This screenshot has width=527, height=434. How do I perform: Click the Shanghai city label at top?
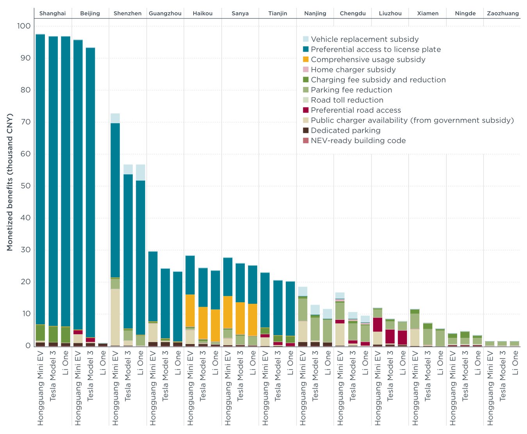[x=52, y=13]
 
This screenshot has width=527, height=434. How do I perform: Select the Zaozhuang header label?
[x=503, y=13]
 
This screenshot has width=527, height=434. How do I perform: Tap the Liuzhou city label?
[x=390, y=13]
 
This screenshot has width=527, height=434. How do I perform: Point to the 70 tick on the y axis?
[x=25, y=122]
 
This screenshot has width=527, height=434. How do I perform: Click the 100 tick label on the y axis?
[x=24, y=26]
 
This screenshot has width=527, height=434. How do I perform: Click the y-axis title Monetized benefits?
[x=10, y=182]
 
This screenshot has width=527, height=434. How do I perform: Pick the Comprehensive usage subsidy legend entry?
[x=368, y=59]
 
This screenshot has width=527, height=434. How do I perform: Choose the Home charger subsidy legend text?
[x=353, y=70]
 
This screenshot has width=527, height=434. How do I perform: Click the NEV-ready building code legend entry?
[x=358, y=140]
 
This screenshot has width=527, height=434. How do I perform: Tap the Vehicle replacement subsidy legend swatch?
[x=306, y=39]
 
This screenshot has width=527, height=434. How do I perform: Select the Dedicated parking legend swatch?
[x=306, y=130]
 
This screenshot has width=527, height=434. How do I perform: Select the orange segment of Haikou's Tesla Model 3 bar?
[x=203, y=323]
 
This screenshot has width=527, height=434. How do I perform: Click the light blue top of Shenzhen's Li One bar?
[x=141, y=172]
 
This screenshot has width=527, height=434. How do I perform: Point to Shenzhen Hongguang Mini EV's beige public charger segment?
[x=115, y=317]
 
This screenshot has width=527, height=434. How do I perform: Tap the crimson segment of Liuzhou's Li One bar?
[x=402, y=337]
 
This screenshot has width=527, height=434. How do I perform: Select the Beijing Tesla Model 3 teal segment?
[x=91, y=192]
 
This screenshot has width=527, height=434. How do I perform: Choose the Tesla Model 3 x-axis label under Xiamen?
[x=427, y=375]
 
